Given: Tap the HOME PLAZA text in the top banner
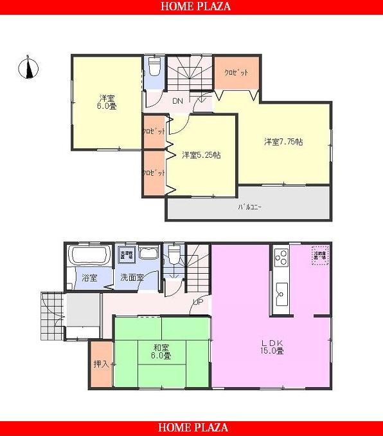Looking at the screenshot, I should coord(191,7).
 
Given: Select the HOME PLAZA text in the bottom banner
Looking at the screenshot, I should coord(191,428).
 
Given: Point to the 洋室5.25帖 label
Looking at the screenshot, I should coord(201,155).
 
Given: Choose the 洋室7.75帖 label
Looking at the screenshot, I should coord(283,141).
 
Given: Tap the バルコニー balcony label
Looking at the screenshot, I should coord(249,207).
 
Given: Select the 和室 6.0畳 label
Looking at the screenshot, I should coord(162,352).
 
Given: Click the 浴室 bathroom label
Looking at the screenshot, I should coord(89,278).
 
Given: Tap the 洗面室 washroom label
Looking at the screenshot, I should coord(132,278).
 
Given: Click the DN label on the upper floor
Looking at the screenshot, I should coord(178,101).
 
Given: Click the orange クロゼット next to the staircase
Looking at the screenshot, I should coord(236,73).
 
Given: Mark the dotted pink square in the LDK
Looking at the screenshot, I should coord(319,255).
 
